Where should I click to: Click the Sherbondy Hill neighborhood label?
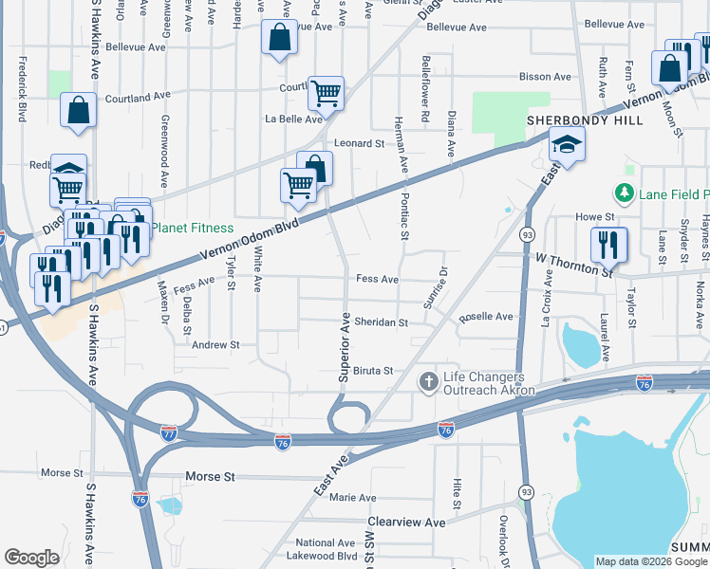click(x=585, y=120)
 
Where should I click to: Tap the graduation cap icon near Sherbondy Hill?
click(x=567, y=145)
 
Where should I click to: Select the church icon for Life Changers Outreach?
click(x=428, y=382)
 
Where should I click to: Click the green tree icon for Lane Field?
click(x=624, y=194)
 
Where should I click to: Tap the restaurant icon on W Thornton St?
click(x=608, y=245)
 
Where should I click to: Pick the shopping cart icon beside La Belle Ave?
click(x=326, y=93)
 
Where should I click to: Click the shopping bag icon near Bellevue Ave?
click(x=280, y=39)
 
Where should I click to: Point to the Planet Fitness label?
click(x=192, y=228)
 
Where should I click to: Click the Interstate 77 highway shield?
click(x=169, y=432)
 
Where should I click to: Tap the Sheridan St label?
click(x=381, y=322)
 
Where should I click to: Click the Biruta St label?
click(x=373, y=371)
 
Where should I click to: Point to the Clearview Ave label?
click(x=407, y=523)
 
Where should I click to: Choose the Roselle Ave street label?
click(x=486, y=317)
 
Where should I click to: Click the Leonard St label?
click(x=364, y=143)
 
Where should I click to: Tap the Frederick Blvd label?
click(x=21, y=90)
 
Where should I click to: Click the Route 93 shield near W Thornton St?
click(x=527, y=234)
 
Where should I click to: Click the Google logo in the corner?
click(x=31, y=558)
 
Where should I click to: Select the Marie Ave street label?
click(x=352, y=497)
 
